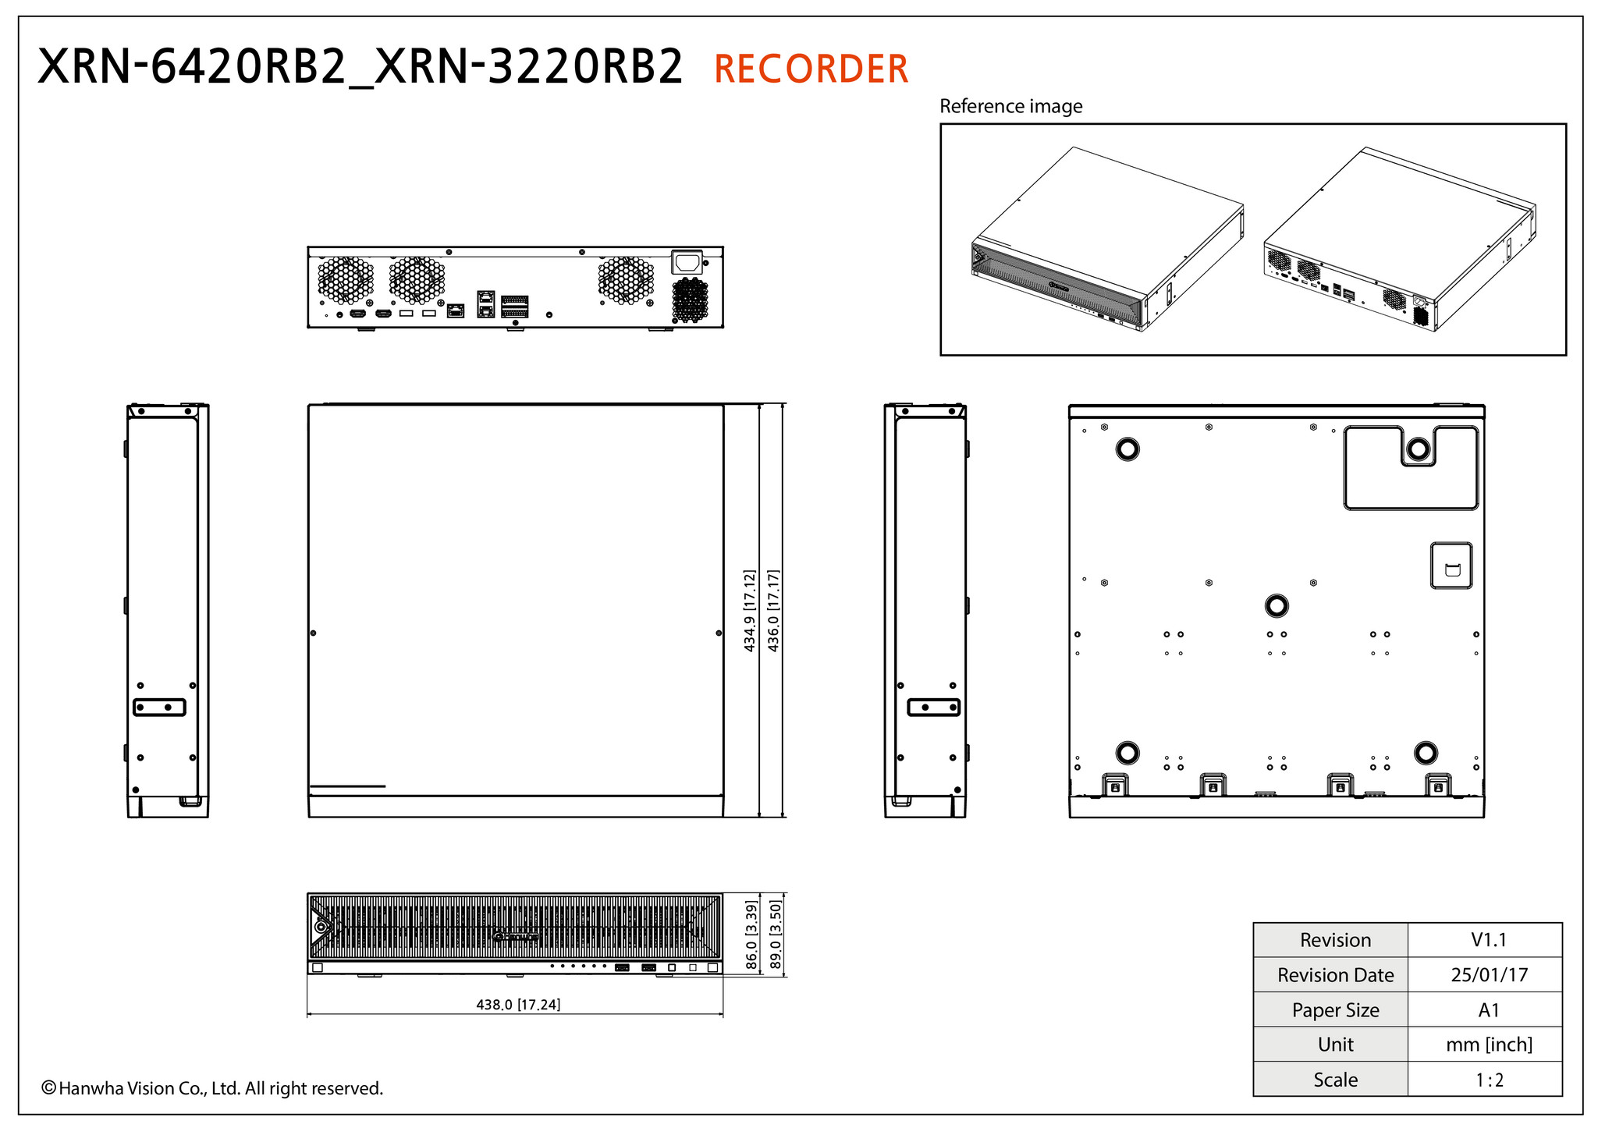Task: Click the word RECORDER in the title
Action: (811, 69)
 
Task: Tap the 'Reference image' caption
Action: (1010, 106)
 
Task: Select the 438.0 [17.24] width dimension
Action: (518, 1005)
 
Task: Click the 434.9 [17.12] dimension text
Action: (750, 611)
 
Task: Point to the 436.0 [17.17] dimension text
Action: (774, 611)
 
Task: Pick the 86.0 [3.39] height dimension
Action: (751, 935)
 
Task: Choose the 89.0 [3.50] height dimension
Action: (776, 935)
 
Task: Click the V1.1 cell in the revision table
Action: (1489, 940)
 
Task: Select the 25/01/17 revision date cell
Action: (1489, 975)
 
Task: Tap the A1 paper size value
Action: (1489, 1010)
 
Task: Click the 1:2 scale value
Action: (1489, 1080)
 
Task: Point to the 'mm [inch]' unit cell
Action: (1489, 1045)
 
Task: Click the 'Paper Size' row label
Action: (1335, 1010)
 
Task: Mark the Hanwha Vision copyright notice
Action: (212, 1088)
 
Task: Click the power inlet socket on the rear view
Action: (687, 262)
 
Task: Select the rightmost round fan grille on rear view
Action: (626, 280)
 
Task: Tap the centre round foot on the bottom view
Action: (1276, 605)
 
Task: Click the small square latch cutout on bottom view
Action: (1451, 566)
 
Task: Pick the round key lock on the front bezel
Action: (321, 927)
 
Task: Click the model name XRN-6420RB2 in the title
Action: (191, 68)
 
